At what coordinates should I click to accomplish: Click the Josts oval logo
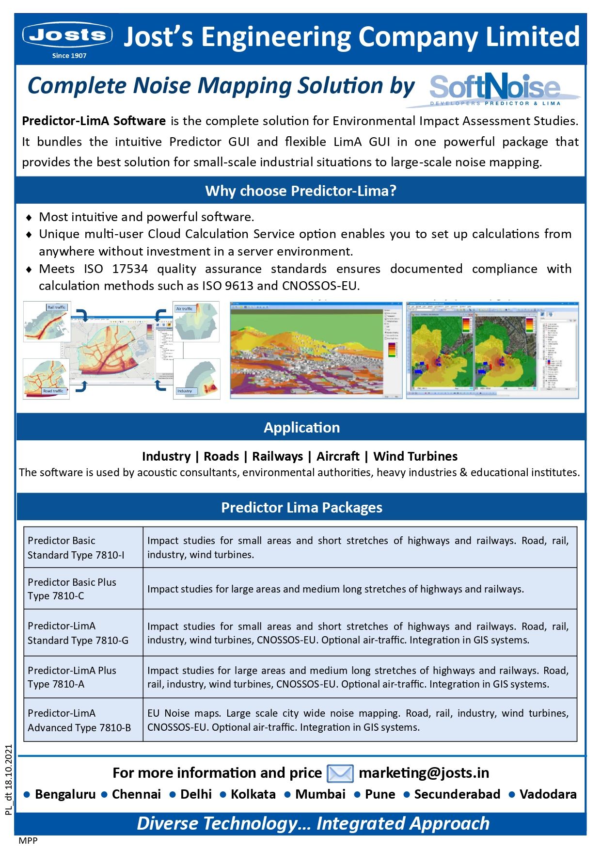pyautogui.click(x=67, y=35)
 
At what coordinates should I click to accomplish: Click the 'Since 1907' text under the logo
pyautogui.click(x=69, y=56)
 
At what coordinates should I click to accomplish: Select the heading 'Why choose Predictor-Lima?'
pyautogui.click(x=300, y=191)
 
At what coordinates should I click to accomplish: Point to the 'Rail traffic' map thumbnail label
pyautogui.click(x=56, y=307)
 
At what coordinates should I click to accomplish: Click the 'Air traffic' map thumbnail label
pyautogui.click(x=184, y=308)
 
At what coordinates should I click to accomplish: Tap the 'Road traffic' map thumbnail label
pyautogui.click(x=53, y=391)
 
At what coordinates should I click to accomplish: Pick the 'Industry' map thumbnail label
pyautogui.click(x=185, y=391)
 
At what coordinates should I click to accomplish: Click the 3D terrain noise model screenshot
pyautogui.click(x=316, y=350)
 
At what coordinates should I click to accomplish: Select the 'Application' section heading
pyautogui.click(x=301, y=427)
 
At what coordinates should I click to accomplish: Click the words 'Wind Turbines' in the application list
pyautogui.click(x=415, y=456)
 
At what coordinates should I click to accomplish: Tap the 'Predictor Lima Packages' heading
pyautogui.click(x=301, y=507)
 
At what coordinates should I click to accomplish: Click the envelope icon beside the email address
pyautogui.click(x=340, y=773)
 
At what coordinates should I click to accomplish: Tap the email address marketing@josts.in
pyautogui.click(x=424, y=772)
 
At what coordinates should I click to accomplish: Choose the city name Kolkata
pyautogui.click(x=253, y=794)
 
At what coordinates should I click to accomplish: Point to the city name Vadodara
pyautogui.click(x=548, y=794)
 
